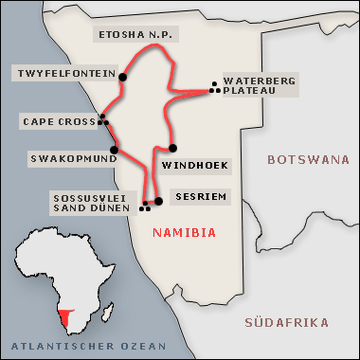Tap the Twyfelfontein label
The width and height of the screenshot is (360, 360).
(x=67, y=73)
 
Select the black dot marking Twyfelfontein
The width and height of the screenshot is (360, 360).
(x=122, y=77)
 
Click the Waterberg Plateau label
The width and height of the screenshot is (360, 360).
(x=259, y=85)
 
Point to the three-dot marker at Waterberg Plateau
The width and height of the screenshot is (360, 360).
(x=215, y=88)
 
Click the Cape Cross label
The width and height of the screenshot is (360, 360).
(x=59, y=122)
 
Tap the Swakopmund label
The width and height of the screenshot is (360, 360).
(x=73, y=158)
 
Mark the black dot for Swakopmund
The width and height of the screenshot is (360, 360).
(x=114, y=150)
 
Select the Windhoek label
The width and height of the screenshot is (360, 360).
(x=195, y=166)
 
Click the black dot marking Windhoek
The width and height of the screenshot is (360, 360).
(x=173, y=148)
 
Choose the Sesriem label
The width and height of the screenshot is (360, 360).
(x=201, y=197)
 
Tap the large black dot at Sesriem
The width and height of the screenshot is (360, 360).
(x=158, y=201)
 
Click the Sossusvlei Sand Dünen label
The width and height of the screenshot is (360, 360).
(x=91, y=203)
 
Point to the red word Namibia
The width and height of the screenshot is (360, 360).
(x=184, y=233)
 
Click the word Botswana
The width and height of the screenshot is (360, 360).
(x=308, y=160)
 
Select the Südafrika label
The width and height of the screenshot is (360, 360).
(x=287, y=323)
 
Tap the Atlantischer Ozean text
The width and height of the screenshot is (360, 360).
(x=89, y=346)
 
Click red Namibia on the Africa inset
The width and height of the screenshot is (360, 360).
(x=66, y=317)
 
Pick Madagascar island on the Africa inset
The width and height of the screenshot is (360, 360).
(x=107, y=312)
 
